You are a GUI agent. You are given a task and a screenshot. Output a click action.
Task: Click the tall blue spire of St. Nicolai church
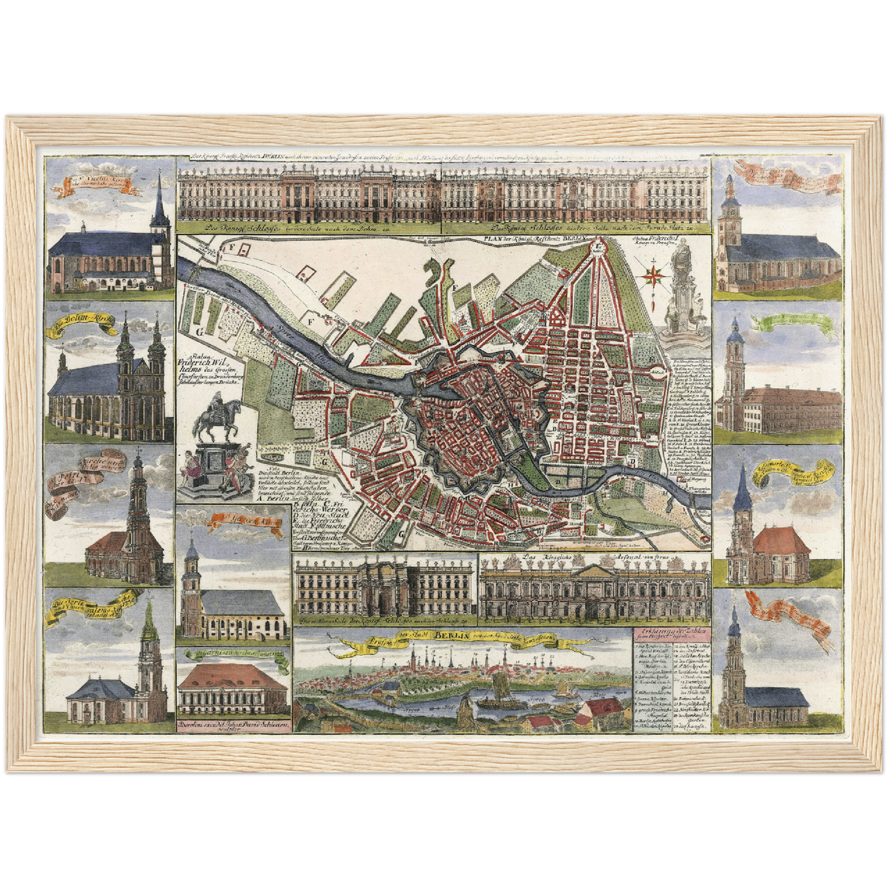click(x=158, y=198)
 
